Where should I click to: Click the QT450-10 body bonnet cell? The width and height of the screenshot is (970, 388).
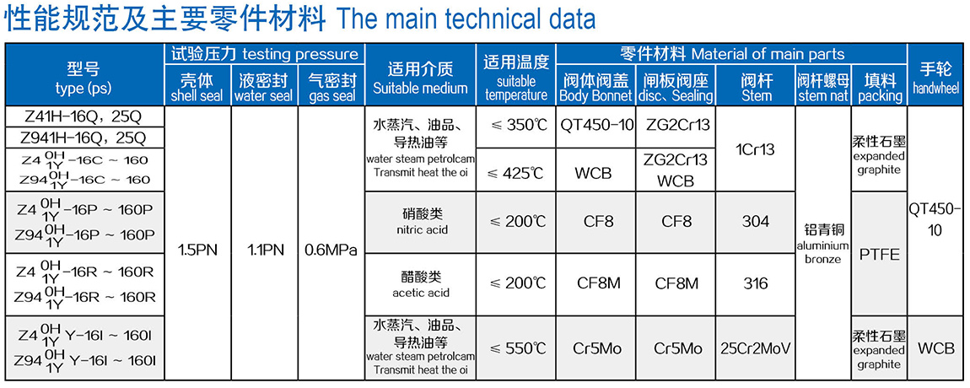[x=596, y=127]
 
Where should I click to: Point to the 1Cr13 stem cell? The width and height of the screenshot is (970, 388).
[x=756, y=148]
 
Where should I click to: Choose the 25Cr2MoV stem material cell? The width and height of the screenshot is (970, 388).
[x=756, y=348]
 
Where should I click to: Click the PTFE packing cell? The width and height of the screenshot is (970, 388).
[x=879, y=254]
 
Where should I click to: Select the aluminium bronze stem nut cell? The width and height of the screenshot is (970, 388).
[x=823, y=243]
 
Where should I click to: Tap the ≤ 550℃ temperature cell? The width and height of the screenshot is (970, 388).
[x=519, y=348]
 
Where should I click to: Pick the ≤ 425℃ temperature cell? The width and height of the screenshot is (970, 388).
[x=519, y=170]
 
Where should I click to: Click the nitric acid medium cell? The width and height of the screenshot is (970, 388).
[x=421, y=222]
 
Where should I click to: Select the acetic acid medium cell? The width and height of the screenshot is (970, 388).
[x=421, y=284]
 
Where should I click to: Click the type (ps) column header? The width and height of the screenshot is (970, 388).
[x=84, y=74]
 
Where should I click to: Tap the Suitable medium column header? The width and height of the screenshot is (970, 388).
[x=421, y=74]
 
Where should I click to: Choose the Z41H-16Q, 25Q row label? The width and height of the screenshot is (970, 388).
[x=84, y=116]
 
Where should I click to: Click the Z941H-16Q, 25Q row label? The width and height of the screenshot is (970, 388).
[x=84, y=137]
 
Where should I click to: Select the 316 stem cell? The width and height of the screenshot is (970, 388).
[x=756, y=284]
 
